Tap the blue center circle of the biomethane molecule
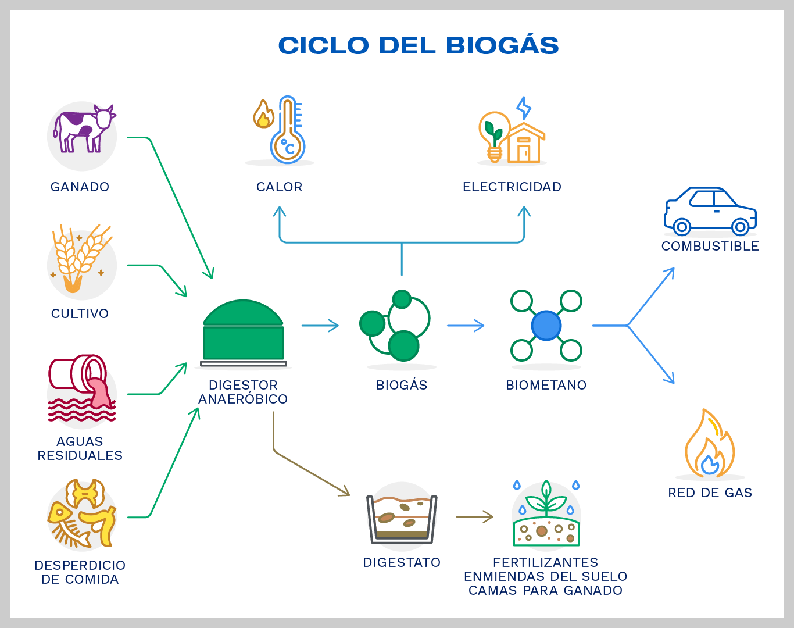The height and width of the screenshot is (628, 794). click(546, 326)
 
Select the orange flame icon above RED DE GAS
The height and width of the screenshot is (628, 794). click(709, 445)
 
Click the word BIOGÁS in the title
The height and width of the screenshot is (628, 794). click(502, 45)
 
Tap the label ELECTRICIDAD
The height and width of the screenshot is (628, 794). click(512, 187)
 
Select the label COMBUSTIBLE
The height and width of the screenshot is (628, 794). click(710, 246)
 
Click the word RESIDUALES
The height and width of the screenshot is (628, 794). click(80, 455)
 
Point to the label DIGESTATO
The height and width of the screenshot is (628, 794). click(402, 562)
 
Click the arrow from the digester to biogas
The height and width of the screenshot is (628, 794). click(320, 326)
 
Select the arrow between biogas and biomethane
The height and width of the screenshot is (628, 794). click(465, 326)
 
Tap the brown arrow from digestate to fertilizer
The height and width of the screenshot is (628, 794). click(474, 516)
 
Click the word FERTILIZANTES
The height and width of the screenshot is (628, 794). click(545, 562)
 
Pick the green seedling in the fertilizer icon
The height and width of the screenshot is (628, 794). click(545, 497)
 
